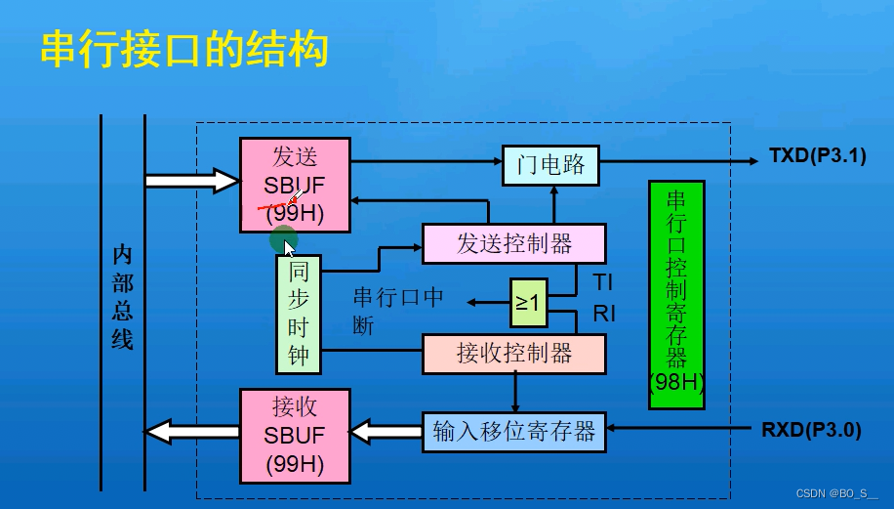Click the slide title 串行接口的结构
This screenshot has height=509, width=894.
tap(183, 50)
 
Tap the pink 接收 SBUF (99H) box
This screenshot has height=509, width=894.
tap(296, 434)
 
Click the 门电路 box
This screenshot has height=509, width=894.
tap(550, 165)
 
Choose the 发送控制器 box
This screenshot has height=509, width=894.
tap(513, 243)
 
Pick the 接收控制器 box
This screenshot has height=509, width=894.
tap(513, 353)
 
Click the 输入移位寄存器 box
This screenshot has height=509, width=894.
tap(513, 432)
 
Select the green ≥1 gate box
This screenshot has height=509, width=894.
tap(528, 303)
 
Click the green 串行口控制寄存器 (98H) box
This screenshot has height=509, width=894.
tap(676, 293)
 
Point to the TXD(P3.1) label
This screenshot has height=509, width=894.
tap(817, 155)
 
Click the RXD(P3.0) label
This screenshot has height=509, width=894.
tap(811, 429)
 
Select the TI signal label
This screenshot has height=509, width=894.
tap(603, 283)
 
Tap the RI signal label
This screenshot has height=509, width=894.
tap(604, 314)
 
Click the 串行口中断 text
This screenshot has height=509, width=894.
tap(397, 311)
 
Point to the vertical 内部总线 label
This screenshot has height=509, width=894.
tap(122, 297)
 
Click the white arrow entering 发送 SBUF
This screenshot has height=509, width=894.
tap(190, 181)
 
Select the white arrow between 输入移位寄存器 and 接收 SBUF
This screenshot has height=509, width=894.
tap(386, 431)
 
